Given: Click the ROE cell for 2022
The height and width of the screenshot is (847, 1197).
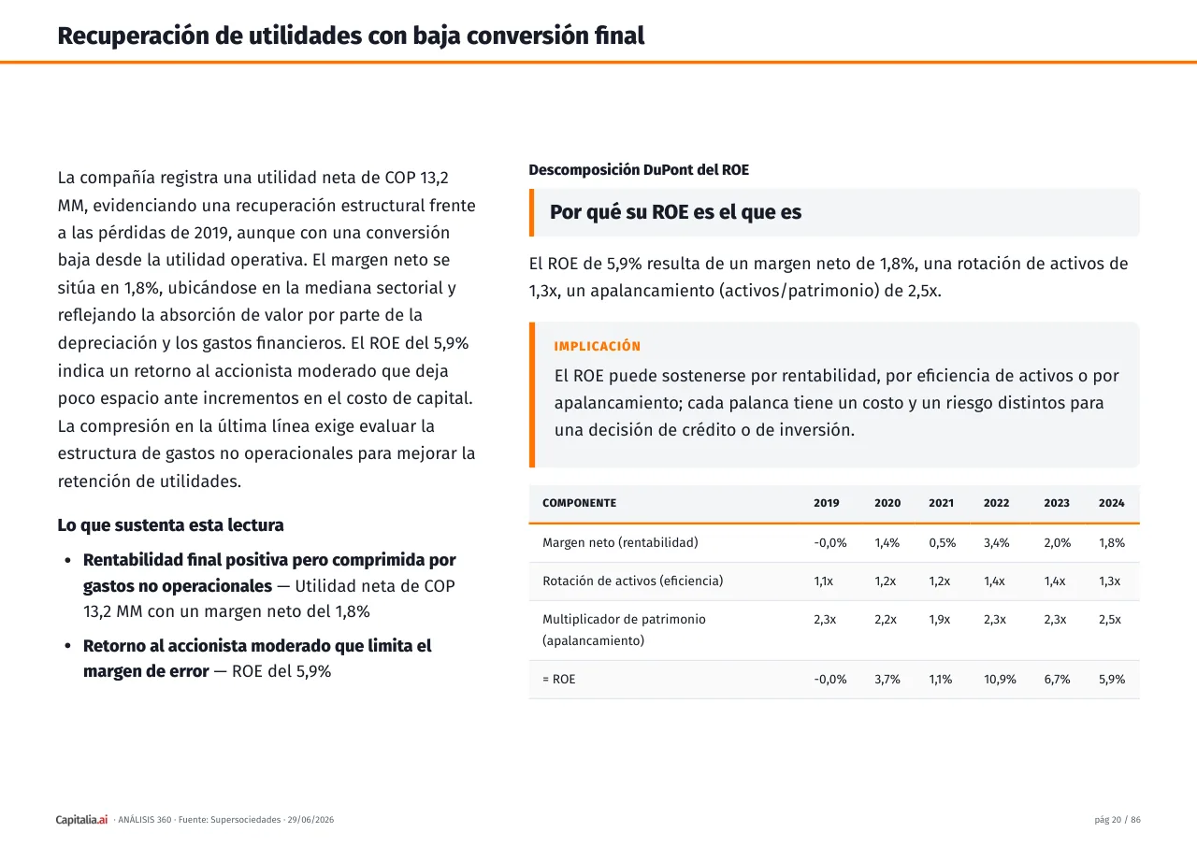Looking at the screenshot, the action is (x=1000, y=680).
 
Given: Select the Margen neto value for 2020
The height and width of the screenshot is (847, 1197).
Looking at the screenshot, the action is (x=887, y=542).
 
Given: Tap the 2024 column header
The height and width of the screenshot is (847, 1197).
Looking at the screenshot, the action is (x=1111, y=503).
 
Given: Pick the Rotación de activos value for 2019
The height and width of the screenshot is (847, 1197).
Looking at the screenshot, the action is (x=823, y=581).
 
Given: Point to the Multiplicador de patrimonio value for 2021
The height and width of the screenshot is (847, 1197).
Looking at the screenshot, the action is (x=939, y=620).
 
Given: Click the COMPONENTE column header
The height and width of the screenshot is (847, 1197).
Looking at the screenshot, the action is (x=579, y=503).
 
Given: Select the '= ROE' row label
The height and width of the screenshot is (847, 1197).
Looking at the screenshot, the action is (x=558, y=680).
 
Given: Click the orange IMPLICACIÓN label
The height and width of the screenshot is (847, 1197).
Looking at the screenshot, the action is (x=597, y=346).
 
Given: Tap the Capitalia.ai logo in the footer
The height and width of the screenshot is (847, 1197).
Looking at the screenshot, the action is (x=81, y=819).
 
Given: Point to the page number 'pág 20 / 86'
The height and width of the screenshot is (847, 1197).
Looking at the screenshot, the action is (x=1117, y=819).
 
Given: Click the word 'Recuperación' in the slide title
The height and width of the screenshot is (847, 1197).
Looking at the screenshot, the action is (x=133, y=36).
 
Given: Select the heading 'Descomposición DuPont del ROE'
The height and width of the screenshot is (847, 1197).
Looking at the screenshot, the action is (x=639, y=170).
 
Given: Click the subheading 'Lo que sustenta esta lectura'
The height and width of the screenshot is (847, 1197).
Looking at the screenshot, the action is (x=170, y=525).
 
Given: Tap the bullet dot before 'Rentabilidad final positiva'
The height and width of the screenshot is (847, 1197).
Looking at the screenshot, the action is (x=68, y=560).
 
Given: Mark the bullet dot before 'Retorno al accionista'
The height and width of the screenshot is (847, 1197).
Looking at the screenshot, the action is (x=68, y=646).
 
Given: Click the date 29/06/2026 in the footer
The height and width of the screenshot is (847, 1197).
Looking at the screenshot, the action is (x=310, y=819).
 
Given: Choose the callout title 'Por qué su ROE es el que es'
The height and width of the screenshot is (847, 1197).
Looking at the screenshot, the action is (x=675, y=212).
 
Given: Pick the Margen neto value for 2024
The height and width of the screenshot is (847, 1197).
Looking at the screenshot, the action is (x=1112, y=542).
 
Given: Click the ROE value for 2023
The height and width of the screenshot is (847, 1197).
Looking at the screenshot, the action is (x=1057, y=680).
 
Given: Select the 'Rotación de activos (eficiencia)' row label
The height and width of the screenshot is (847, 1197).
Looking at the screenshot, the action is (x=633, y=581).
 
